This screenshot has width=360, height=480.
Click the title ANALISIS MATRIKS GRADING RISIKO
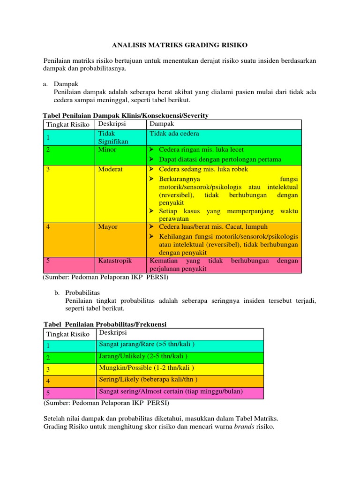point(180,45)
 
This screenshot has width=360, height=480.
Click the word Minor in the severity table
point(107,150)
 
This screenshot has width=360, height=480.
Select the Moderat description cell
point(110,169)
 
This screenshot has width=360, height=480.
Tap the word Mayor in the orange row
point(108,227)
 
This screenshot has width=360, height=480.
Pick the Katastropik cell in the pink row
point(115,260)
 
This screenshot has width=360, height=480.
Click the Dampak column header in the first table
point(162,124)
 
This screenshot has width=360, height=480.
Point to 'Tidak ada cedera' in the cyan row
point(174,134)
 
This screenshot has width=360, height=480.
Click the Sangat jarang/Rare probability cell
point(147,345)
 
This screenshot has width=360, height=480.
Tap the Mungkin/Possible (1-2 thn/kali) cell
point(146,368)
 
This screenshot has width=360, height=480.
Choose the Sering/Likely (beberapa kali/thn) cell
point(148,380)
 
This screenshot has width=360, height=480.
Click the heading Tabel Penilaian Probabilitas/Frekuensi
point(105,324)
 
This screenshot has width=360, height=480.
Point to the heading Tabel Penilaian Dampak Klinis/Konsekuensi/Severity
point(126,115)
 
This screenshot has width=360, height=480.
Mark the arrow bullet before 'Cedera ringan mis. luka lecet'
point(152,150)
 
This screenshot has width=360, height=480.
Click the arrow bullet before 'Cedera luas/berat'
point(152,227)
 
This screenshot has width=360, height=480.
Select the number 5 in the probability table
point(48,393)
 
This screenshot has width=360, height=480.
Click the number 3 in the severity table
point(48,170)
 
